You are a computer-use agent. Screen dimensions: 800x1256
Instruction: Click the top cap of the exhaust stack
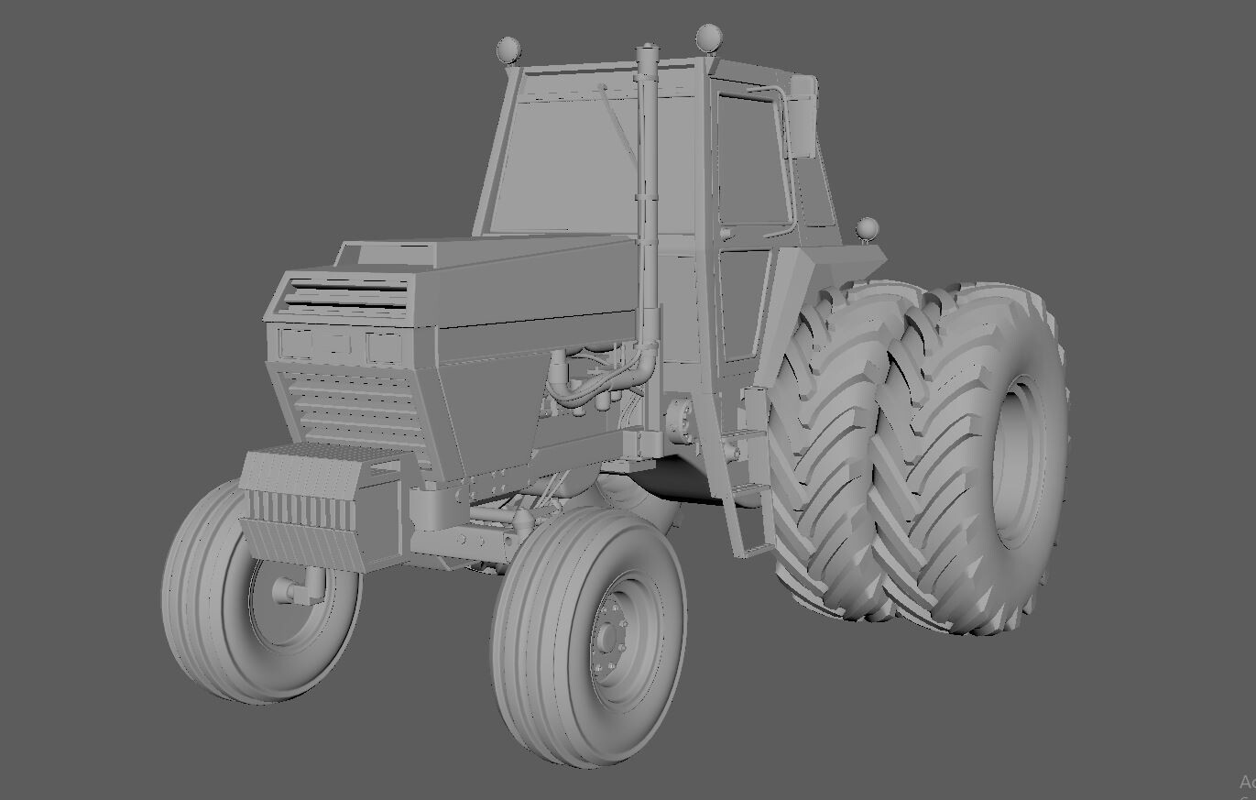(x=648, y=48)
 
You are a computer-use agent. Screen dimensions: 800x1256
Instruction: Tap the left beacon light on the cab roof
(x=508, y=49)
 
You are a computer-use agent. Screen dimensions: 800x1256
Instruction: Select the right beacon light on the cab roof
(x=708, y=38)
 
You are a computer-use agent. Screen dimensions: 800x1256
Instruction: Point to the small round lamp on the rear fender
(x=866, y=227)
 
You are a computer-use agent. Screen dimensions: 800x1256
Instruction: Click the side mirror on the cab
(x=803, y=116)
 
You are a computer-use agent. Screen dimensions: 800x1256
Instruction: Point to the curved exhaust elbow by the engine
(x=647, y=357)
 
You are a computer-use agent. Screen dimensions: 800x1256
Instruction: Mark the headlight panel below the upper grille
(x=339, y=345)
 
